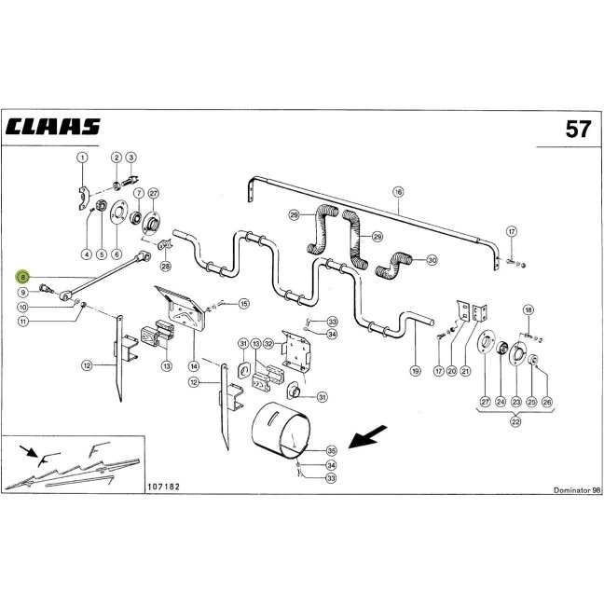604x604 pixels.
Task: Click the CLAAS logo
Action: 53,127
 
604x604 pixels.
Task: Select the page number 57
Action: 578,129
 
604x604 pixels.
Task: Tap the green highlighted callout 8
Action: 23,277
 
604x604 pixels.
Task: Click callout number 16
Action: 398,192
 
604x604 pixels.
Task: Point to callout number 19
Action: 415,371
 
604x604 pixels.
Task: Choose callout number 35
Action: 331,450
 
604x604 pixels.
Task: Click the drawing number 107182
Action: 163,487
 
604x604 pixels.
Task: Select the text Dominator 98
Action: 577,490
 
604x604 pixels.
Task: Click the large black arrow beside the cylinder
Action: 367,436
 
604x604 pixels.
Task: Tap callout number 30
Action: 432,260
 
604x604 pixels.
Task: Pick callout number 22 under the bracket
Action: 515,421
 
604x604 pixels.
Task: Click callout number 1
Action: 82,158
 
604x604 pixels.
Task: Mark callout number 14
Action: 194,366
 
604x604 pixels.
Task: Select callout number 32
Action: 268,344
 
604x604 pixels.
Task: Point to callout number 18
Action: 528,310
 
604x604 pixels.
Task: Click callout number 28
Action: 166,266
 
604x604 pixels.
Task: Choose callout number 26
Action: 546,402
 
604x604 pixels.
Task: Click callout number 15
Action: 244,304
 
